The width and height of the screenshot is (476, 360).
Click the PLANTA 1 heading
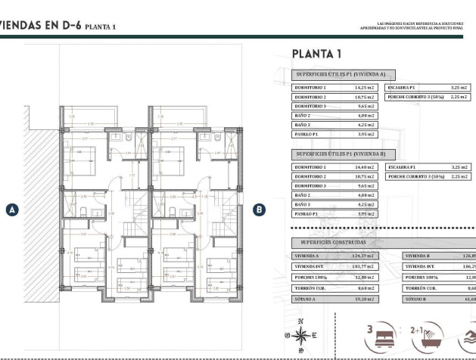click(317, 54)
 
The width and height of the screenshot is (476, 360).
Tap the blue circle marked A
click(11, 210)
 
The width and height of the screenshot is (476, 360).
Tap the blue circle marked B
click(259, 210)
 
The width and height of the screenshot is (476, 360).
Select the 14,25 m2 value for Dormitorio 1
click(366, 88)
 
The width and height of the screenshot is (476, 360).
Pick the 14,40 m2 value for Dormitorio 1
click(366, 166)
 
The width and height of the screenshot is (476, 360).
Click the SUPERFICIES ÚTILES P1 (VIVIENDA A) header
click(341, 74)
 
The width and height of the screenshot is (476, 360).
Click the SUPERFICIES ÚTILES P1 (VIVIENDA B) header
click(341, 153)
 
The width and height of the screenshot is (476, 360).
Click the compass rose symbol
click(300, 335)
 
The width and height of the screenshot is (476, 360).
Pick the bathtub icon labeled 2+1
click(427, 335)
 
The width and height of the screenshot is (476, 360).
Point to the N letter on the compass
click(300, 321)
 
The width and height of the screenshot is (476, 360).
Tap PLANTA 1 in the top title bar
click(101, 26)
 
